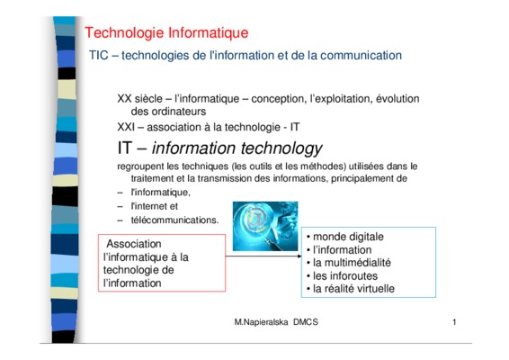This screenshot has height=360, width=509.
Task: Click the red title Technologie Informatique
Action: point(166,33)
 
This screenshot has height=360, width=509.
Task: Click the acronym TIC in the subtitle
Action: point(99,55)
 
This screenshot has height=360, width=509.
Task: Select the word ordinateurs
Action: point(168,112)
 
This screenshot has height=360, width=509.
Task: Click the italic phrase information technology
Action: point(237,148)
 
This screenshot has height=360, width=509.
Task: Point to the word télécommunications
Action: point(174,220)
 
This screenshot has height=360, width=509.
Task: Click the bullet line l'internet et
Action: point(154,206)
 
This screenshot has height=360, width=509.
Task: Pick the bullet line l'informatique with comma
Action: point(160,193)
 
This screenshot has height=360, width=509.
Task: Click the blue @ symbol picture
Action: point(265,226)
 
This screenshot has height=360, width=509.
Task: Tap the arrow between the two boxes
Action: point(263,256)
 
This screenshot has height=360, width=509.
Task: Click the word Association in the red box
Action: point(134,244)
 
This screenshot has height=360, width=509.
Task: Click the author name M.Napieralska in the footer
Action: point(261,322)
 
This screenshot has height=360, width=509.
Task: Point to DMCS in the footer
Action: point(306,322)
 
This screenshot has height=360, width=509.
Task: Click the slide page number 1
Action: point(454,322)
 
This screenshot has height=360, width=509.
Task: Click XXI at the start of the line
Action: point(126,127)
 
